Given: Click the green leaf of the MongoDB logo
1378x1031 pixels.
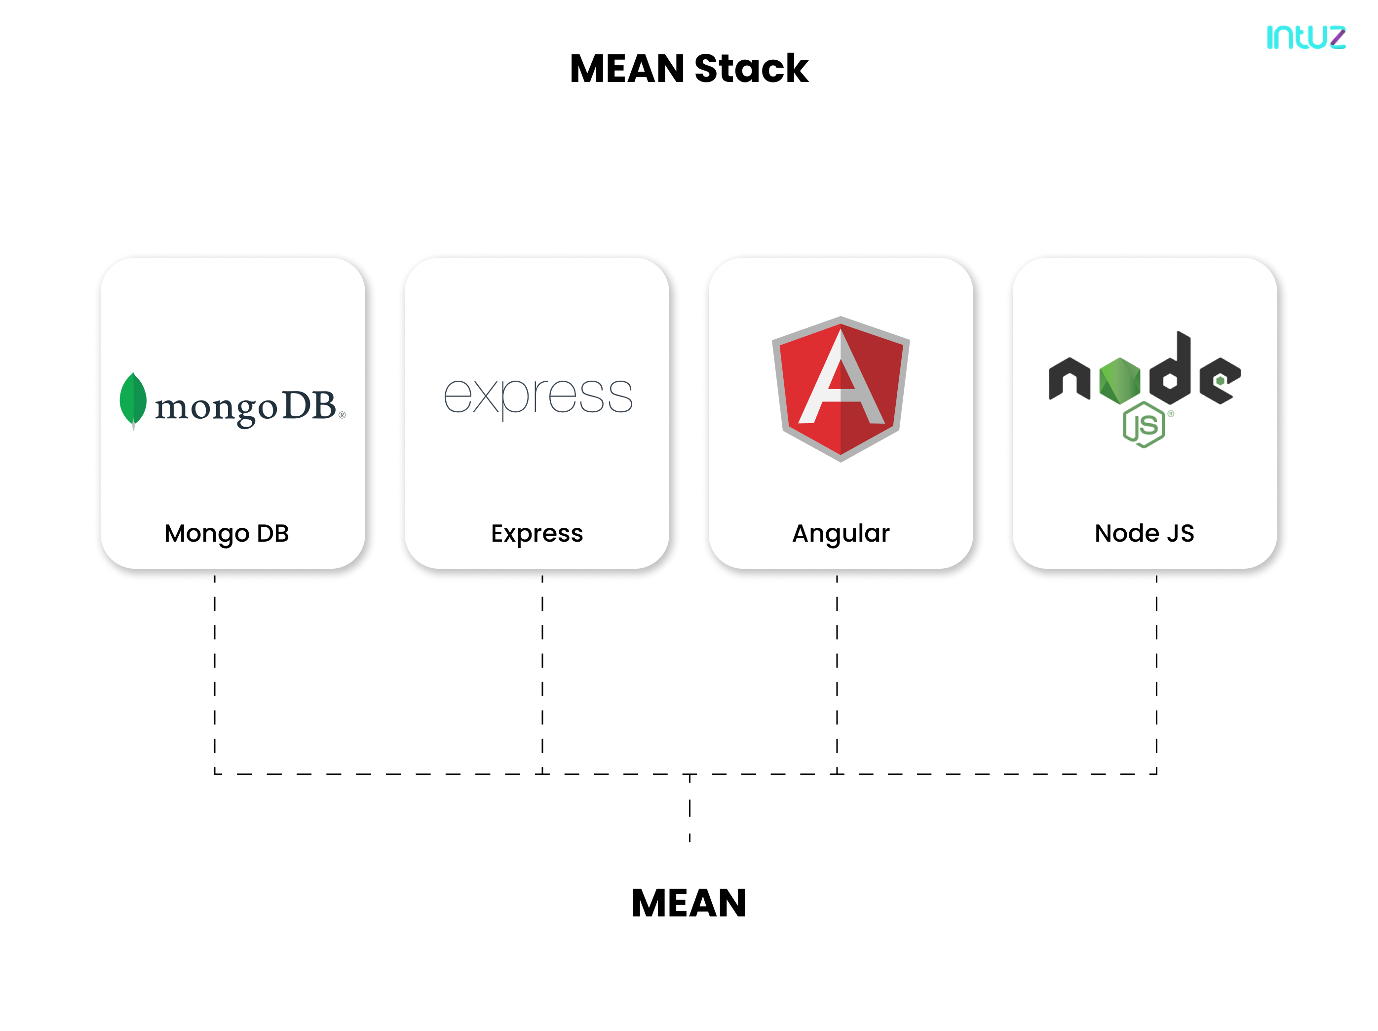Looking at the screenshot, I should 133,399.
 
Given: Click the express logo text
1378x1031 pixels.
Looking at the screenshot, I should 537,397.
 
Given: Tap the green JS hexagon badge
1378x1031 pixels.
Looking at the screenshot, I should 1144,425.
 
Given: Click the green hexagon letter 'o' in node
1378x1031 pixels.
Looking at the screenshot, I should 1119,380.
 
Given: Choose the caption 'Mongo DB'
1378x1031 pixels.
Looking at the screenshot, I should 227,534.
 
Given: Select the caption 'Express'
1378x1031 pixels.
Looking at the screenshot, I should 536,534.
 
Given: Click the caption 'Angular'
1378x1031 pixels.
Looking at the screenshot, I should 841,534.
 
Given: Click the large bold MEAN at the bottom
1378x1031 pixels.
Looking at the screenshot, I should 689,903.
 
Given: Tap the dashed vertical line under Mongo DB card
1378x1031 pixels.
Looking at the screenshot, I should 215,661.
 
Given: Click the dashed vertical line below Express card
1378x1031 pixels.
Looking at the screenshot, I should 542,661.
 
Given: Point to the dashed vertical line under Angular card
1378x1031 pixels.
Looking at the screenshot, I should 837,661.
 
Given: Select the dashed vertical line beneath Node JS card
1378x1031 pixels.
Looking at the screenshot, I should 1156,661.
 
